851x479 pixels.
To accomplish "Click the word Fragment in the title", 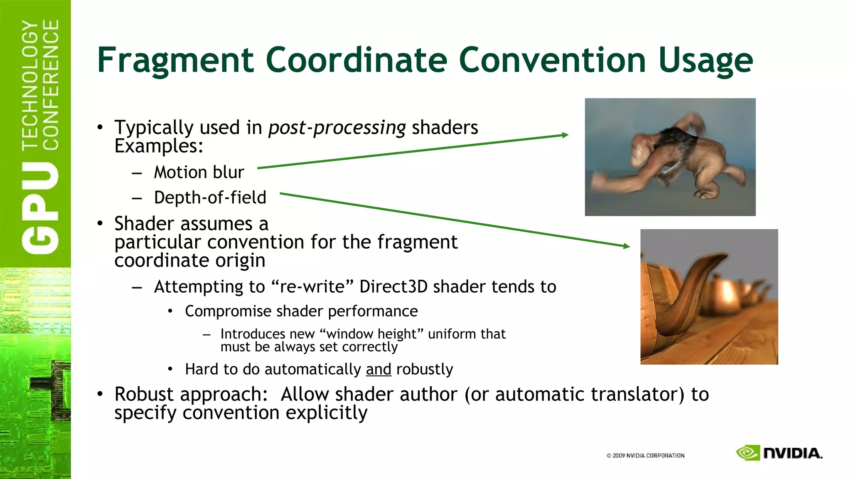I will (175, 60).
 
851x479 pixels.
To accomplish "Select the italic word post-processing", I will (337, 128).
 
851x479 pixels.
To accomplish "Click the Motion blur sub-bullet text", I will (199, 172).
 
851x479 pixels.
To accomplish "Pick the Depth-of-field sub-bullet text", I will (210, 198).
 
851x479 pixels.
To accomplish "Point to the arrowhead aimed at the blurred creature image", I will (565, 135).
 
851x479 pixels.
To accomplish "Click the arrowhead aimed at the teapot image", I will (627, 246).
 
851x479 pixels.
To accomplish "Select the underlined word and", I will (379, 369).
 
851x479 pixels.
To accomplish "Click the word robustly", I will (424, 369).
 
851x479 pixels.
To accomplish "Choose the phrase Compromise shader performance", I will (301, 311).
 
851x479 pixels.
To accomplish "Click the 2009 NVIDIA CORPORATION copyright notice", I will (645, 456).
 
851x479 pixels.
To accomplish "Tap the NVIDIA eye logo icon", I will (748, 453).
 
